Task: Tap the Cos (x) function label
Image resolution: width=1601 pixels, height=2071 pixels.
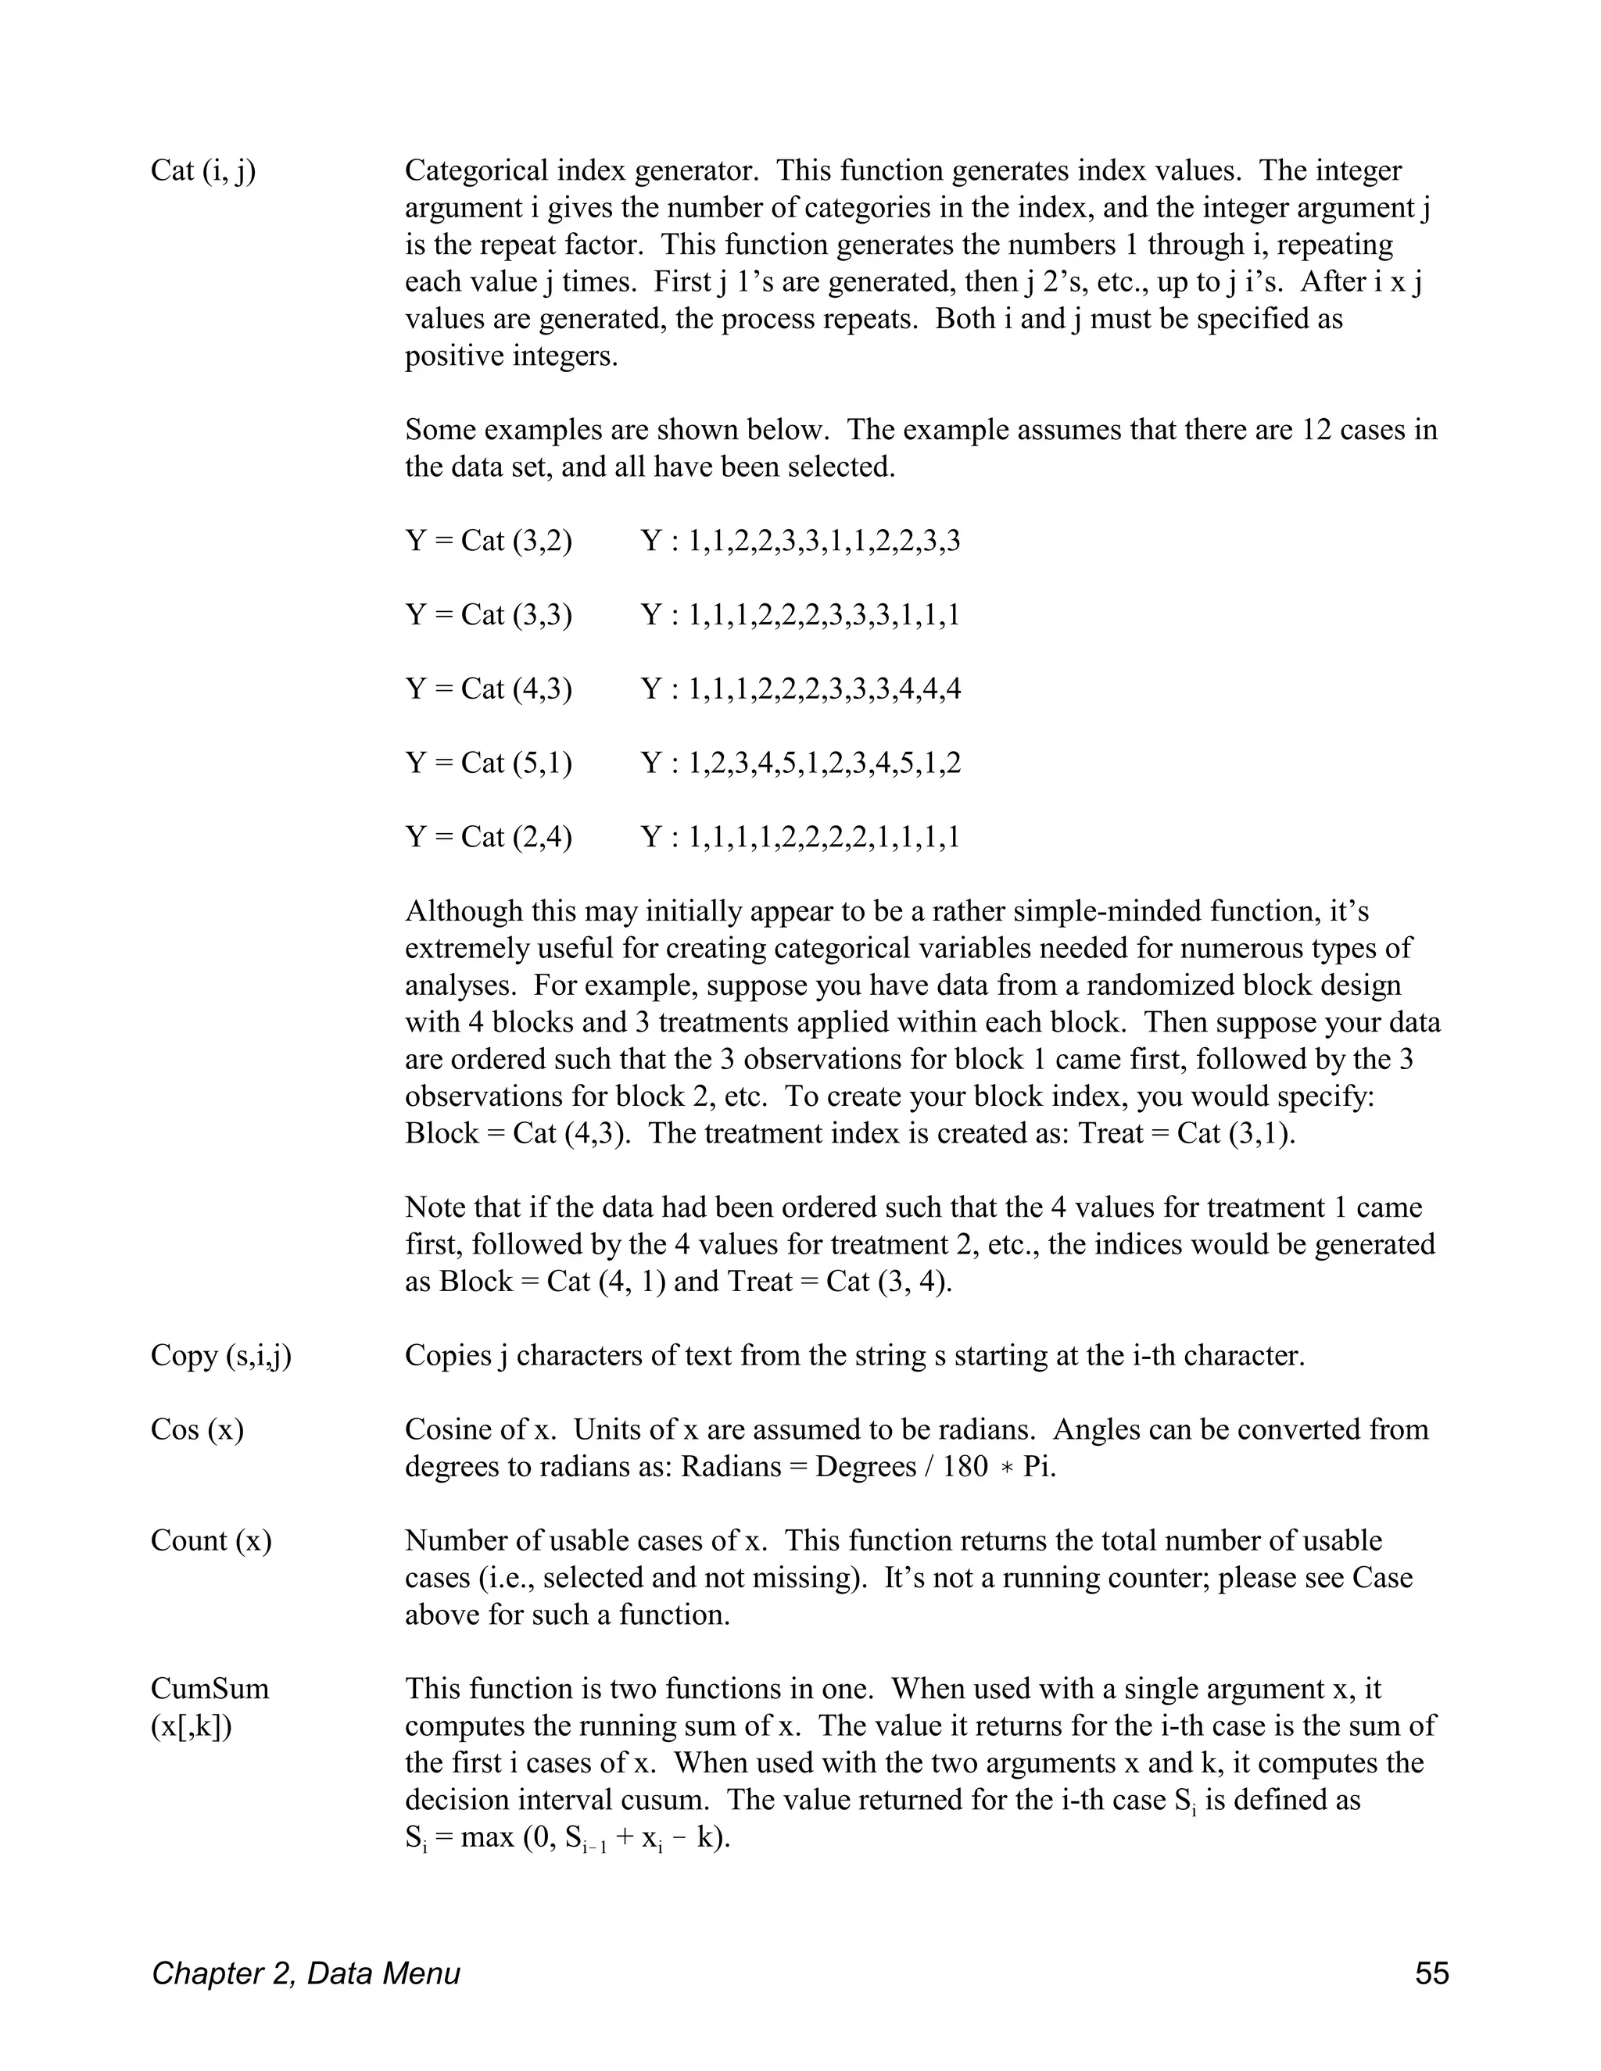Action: click(197, 1430)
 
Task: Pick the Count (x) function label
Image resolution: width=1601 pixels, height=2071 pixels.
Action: click(210, 1541)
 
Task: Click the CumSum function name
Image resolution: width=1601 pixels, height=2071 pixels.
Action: click(210, 1689)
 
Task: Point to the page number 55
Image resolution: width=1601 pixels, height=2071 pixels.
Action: click(1431, 1973)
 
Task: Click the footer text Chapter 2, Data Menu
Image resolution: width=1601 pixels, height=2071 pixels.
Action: click(306, 1973)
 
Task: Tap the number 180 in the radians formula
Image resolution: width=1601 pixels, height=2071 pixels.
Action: click(965, 1467)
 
